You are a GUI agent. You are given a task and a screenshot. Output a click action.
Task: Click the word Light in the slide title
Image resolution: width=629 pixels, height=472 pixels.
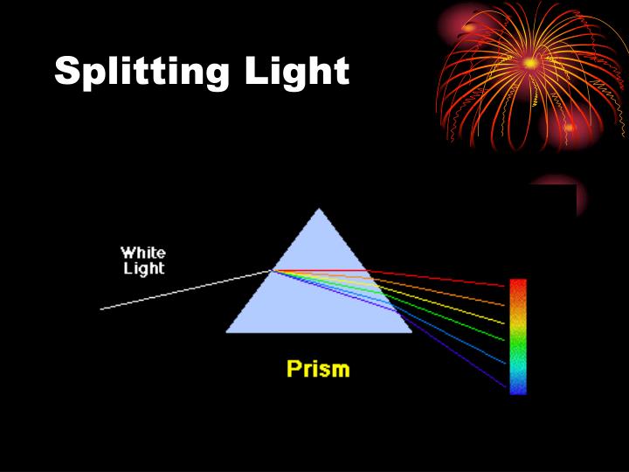pos(296,72)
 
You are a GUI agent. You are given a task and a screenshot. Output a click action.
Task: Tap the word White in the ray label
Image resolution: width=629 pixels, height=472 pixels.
pos(142,253)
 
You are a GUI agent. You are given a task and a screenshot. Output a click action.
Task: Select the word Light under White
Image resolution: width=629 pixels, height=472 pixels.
pos(144,268)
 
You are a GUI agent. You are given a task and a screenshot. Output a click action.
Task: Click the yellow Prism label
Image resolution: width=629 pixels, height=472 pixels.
pos(318,369)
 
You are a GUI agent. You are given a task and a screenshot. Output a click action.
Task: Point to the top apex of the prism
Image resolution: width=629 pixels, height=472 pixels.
pos(320,209)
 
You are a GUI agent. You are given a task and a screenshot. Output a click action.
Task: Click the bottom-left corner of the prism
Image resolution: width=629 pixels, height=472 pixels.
pos(228,331)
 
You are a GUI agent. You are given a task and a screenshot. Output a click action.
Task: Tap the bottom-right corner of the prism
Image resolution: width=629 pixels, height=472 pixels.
pos(411,331)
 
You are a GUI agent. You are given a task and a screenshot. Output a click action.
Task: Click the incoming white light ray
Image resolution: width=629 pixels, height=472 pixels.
pos(183,290)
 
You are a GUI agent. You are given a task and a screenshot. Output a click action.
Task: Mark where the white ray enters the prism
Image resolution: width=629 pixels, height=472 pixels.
pos(272,271)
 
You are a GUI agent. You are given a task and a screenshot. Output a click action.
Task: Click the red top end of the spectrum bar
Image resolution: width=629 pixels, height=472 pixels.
pos(518,287)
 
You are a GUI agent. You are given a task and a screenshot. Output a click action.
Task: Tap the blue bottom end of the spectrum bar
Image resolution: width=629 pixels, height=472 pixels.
pos(518,386)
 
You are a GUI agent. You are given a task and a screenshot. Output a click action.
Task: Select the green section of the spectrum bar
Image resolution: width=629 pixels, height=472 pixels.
pos(518,350)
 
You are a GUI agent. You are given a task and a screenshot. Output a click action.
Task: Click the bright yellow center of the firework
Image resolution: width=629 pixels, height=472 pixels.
pos(530,63)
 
